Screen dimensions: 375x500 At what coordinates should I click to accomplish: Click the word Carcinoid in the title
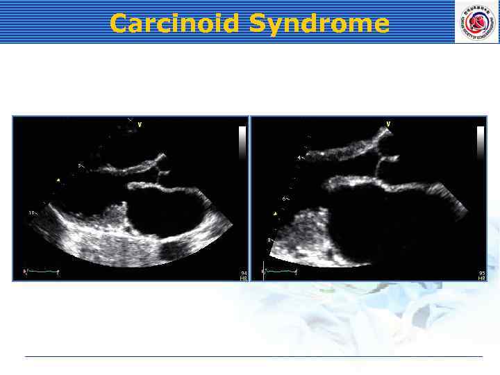coord(165,24)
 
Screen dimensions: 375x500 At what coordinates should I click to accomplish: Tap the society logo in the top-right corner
coord(476,22)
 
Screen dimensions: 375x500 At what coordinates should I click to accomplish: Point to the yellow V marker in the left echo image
coord(140,125)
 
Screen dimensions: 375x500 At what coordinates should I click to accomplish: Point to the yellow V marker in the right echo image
coord(388,124)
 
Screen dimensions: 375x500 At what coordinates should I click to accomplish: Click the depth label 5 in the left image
coord(80,165)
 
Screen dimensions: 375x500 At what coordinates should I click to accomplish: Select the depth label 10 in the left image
coord(32,212)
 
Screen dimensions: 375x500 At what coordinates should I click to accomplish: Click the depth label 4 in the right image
coord(300,158)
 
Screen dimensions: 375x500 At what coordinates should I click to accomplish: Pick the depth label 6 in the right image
coord(284,199)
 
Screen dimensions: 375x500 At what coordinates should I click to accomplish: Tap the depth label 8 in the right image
coord(269,240)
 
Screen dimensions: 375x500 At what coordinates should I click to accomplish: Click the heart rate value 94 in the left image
coord(244,273)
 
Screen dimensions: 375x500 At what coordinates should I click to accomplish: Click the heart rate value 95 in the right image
coord(481,273)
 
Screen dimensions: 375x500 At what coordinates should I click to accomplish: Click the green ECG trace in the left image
coord(42,272)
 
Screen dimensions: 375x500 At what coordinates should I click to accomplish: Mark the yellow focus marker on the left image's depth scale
coord(58,181)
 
